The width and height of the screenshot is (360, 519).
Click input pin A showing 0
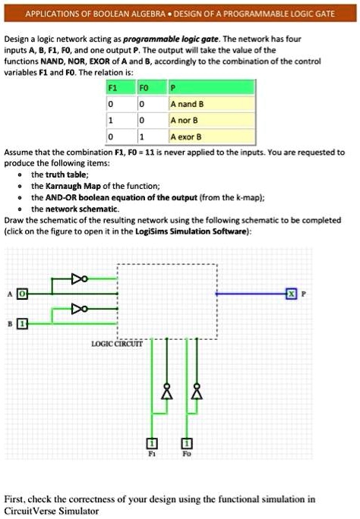click(x=22, y=292)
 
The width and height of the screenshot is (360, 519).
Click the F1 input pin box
click(x=153, y=443)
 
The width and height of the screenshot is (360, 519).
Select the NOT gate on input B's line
click(x=80, y=309)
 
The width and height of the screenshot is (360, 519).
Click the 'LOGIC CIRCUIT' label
click(x=117, y=344)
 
